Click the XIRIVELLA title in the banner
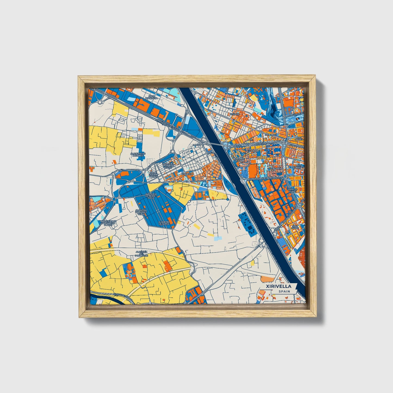coord(279,286)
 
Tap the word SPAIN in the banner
coord(284,292)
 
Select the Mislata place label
coord(234,114)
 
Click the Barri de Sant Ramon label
coord(153,175)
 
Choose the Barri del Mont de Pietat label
coord(168,166)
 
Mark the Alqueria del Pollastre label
coord(141,253)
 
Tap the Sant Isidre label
coord(295,227)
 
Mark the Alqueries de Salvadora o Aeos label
coord(108,223)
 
